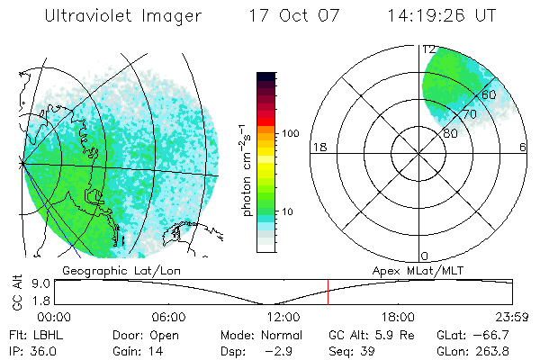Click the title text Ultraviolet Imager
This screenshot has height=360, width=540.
(x=122, y=17)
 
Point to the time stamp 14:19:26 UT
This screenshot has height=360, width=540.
(x=441, y=17)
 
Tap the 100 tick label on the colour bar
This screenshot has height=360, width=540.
(x=289, y=133)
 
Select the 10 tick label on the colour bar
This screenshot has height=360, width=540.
(x=290, y=211)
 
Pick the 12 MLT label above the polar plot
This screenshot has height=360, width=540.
(x=429, y=49)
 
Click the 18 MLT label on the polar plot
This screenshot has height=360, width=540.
(x=318, y=147)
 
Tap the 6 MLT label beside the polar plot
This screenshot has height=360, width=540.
(x=523, y=147)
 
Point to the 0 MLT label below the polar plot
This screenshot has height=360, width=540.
(x=425, y=256)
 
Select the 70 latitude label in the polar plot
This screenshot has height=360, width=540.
(x=468, y=114)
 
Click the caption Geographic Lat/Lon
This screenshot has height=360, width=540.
(x=118, y=269)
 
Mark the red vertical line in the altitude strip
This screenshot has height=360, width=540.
(x=328, y=292)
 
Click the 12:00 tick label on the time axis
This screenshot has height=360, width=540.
(x=283, y=317)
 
